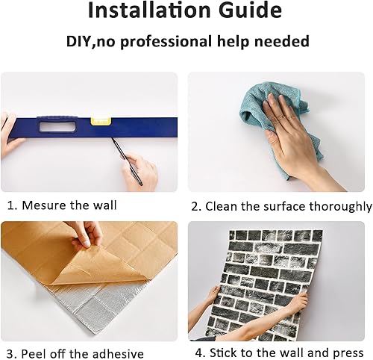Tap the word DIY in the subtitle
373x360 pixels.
[x=81, y=41]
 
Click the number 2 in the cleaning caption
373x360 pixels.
[x=195, y=206]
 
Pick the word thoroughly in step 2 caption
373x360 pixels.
[x=336, y=206]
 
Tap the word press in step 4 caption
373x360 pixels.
[x=348, y=353]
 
